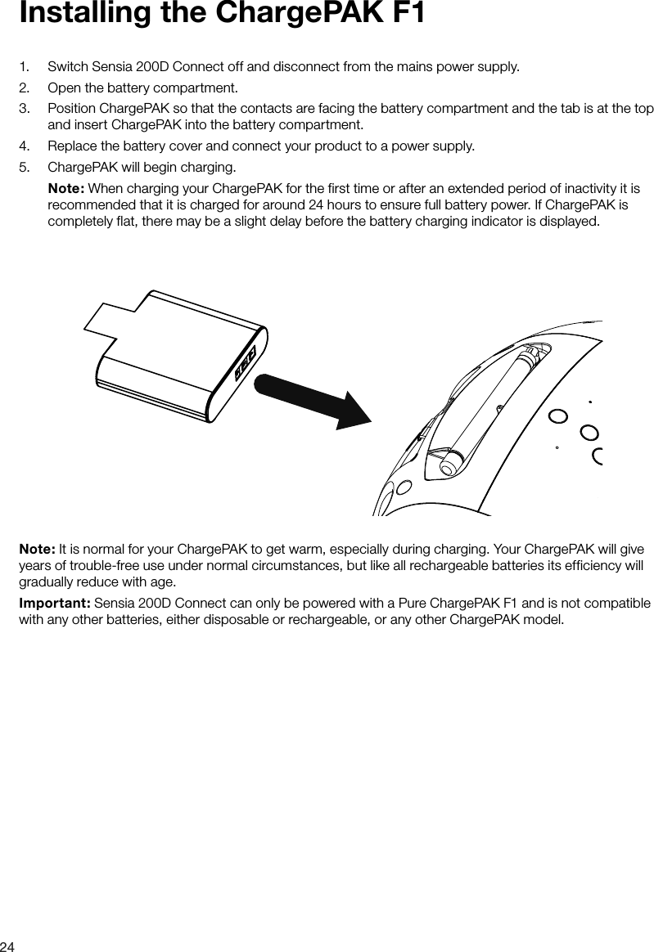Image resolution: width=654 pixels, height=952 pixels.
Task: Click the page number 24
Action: (x=8, y=945)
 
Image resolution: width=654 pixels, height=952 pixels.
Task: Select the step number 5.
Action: (x=25, y=168)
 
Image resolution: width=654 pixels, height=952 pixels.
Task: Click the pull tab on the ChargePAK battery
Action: (x=111, y=322)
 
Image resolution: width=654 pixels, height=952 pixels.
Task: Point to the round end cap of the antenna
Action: (x=449, y=465)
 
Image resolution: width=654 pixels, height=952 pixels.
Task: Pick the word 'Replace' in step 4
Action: (x=73, y=146)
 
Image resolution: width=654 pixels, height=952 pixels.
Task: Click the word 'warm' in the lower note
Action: (x=255, y=546)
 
